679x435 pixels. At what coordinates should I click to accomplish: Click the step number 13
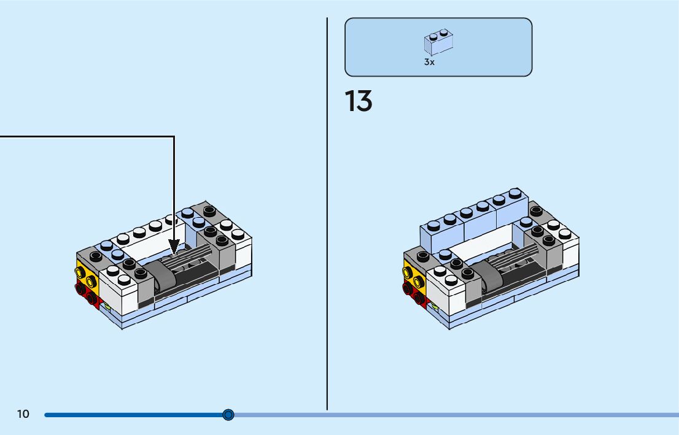(x=359, y=101)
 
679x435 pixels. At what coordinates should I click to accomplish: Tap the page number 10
(x=23, y=414)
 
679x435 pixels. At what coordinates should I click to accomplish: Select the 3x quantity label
(x=429, y=63)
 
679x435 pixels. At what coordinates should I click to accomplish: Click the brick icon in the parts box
(x=438, y=42)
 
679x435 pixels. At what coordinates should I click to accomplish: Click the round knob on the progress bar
(x=228, y=415)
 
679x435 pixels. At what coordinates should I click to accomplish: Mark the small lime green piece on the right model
(x=435, y=306)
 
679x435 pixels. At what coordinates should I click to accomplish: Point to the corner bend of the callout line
(x=174, y=137)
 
